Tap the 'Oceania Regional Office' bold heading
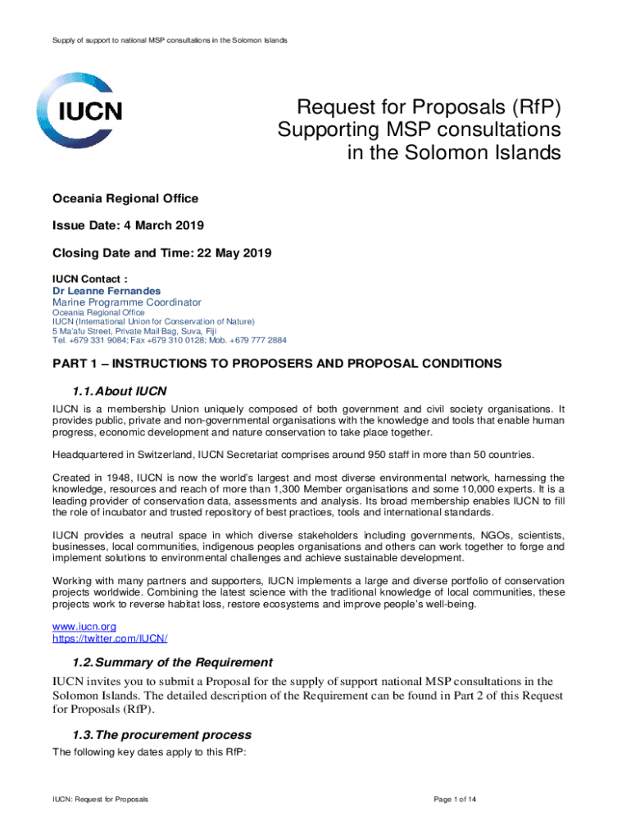pyautogui.click(x=125, y=198)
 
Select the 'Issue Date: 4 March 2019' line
pyautogui.click(x=129, y=224)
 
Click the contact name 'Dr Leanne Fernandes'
pyautogui.click(x=107, y=291)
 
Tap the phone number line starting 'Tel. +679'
pyautogui.click(x=170, y=339)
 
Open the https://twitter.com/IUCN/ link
pyautogui.click(x=110, y=637)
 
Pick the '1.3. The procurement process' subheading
pyautogui.click(x=162, y=735)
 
